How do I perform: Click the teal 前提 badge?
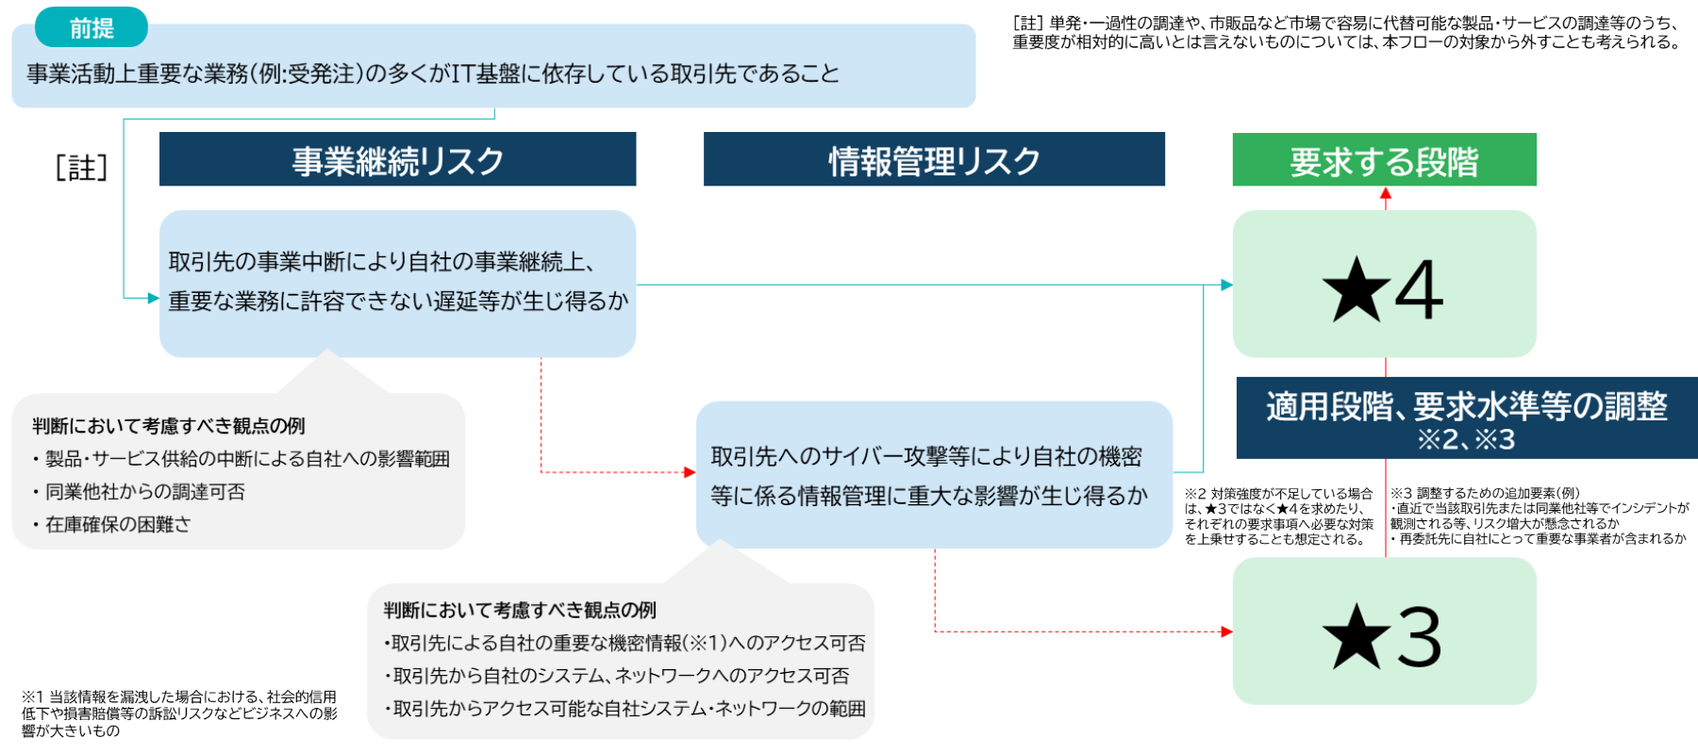92,27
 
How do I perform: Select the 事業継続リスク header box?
397,159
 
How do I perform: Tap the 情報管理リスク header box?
934,159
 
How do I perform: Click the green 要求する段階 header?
1384,159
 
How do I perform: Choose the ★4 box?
1384,285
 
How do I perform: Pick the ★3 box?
1384,631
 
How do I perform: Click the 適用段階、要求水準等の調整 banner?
1467,418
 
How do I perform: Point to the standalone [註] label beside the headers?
81,168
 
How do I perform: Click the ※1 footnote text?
179,713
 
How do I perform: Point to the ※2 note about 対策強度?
1279,516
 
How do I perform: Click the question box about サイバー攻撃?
934,475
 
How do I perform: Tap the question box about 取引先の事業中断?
397,283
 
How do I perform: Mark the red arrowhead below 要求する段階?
1386,193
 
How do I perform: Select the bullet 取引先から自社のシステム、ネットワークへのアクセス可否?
621,676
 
